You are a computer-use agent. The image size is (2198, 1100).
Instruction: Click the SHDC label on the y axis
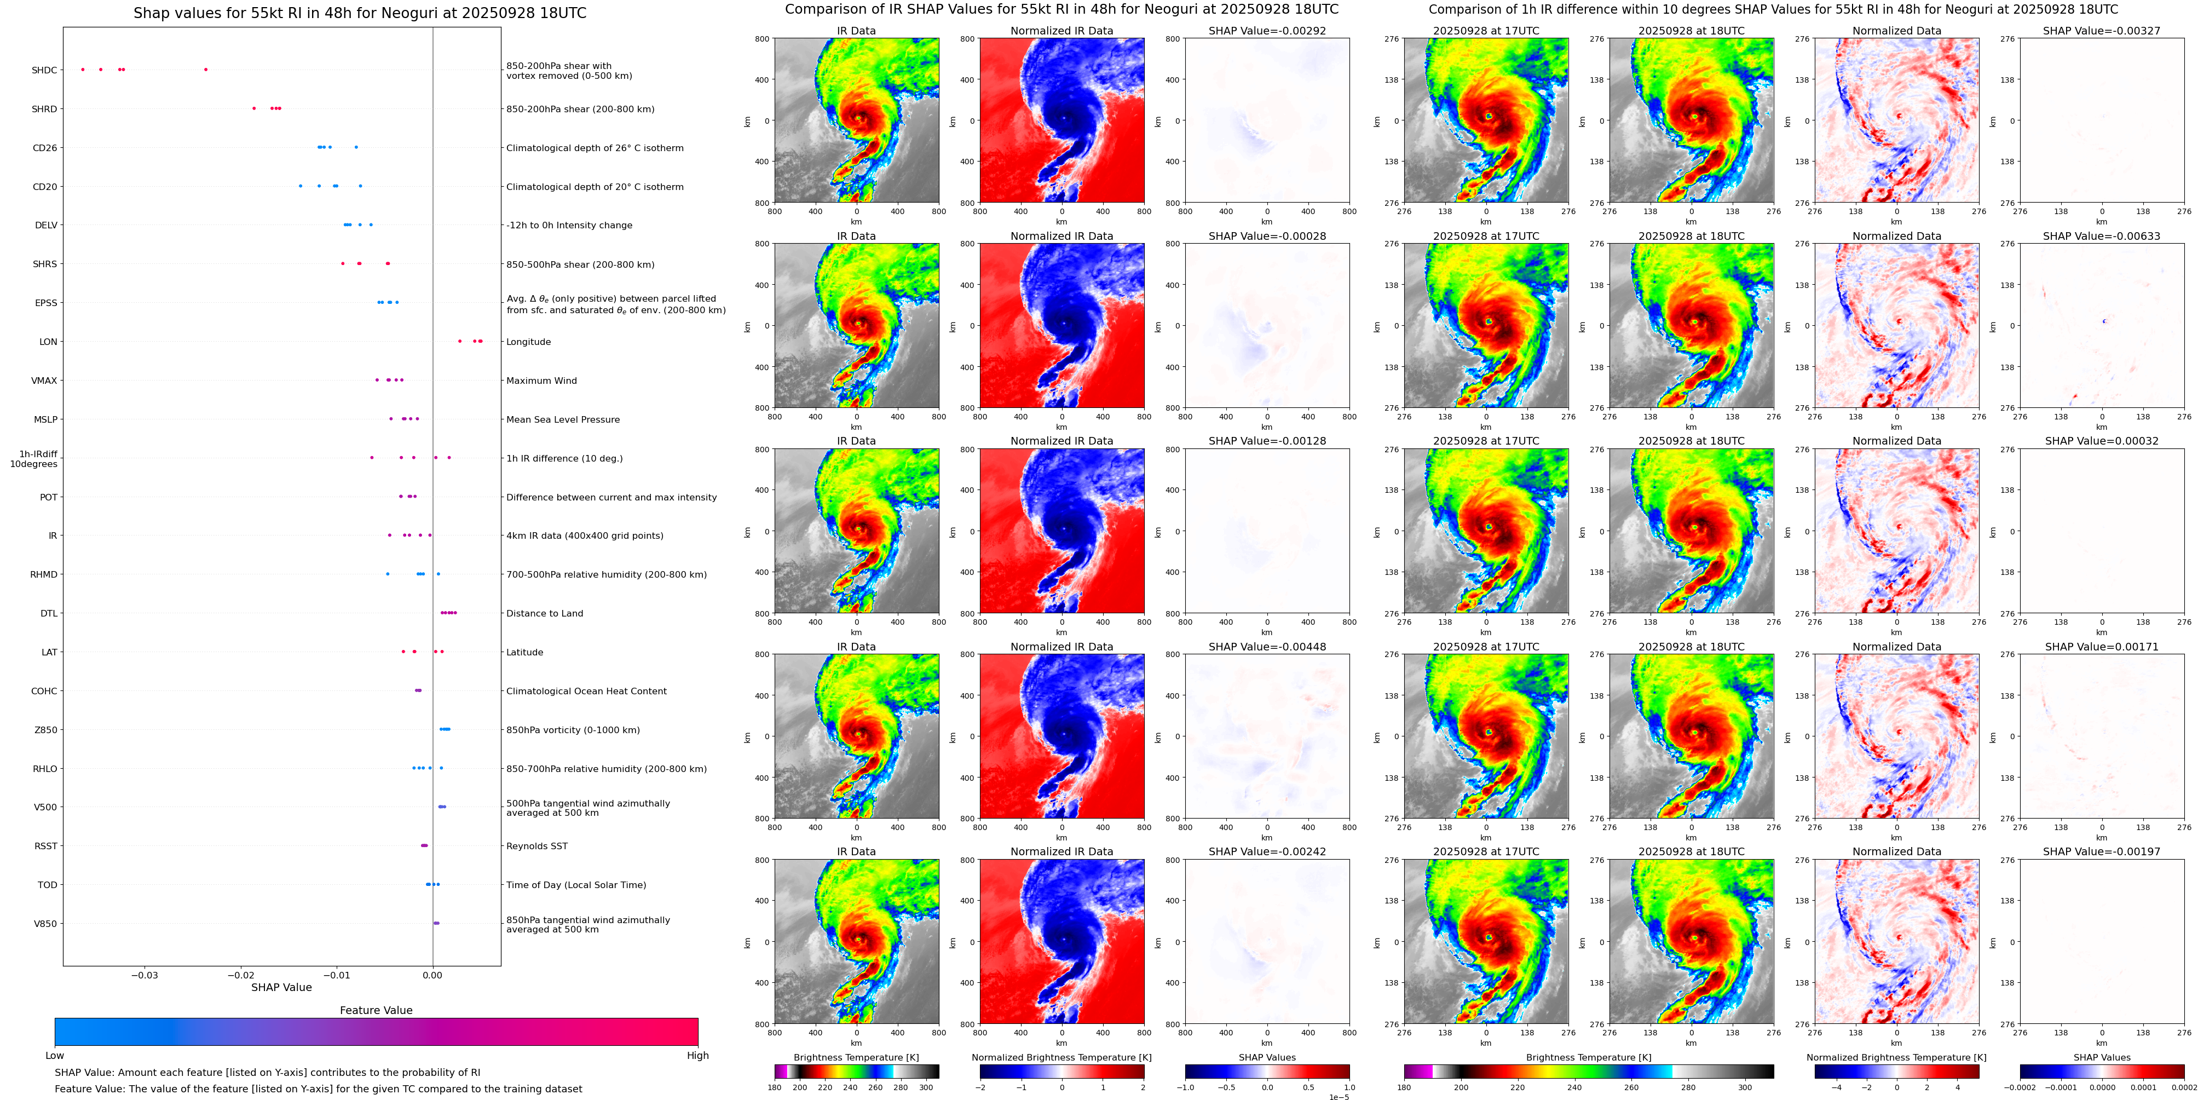pyautogui.click(x=44, y=70)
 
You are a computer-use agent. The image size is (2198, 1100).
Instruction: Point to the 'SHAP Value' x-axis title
pyautogui.click(x=281, y=987)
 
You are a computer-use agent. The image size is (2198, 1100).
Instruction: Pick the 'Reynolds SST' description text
pyautogui.click(x=536, y=846)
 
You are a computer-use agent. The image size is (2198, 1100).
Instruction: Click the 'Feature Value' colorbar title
pyautogui.click(x=376, y=1010)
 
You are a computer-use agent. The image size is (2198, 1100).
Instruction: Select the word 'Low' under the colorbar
pyautogui.click(x=55, y=1056)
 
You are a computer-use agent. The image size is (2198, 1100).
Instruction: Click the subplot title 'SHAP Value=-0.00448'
pyautogui.click(x=1267, y=647)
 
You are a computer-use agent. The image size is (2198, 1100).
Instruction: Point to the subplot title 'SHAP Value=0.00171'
pyautogui.click(x=2102, y=647)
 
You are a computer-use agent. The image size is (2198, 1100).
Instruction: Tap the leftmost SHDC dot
pyautogui.click(x=83, y=69)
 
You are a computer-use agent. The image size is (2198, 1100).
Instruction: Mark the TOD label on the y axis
pyautogui.click(x=48, y=885)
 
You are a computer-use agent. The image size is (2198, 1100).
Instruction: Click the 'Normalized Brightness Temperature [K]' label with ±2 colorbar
pyautogui.click(x=1061, y=1057)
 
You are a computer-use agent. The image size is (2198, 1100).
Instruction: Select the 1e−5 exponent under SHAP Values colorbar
pyautogui.click(x=1339, y=1097)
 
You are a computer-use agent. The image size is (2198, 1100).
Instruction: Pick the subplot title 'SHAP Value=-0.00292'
pyautogui.click(x=1267, y=31)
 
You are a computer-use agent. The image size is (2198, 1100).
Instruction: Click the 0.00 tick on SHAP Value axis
pyautogui.click(x=432, y=975)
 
